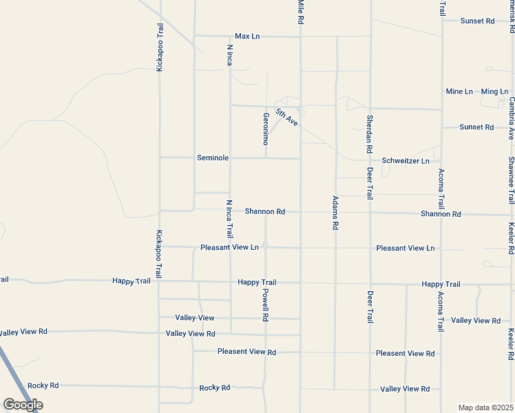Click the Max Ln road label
[247, 36]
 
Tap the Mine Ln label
[459, 92]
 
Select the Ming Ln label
[494, 92]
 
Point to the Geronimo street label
[265, 128]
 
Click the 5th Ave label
[286, 116]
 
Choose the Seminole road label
[213, 158]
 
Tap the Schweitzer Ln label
[406, 160]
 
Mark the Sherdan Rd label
[370, 134]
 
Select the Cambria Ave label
[512, 118]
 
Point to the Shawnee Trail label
[512, 180]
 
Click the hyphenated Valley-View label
[195, 318]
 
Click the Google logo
[23, 405]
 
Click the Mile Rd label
[301, 12]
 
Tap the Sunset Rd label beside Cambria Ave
[477, 127]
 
